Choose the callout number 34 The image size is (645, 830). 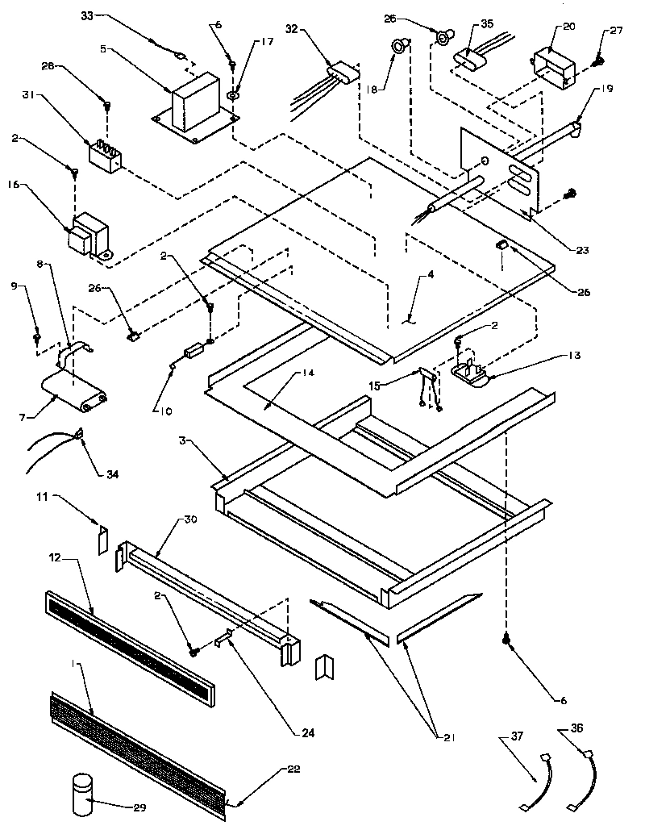tap(112, 473)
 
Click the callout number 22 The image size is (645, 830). tap(293, 770)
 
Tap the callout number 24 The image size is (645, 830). tap(306, 733)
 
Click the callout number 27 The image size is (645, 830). tap(617, 31)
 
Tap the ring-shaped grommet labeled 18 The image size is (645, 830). tap(397, 48)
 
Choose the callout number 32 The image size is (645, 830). tap(292, 29)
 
